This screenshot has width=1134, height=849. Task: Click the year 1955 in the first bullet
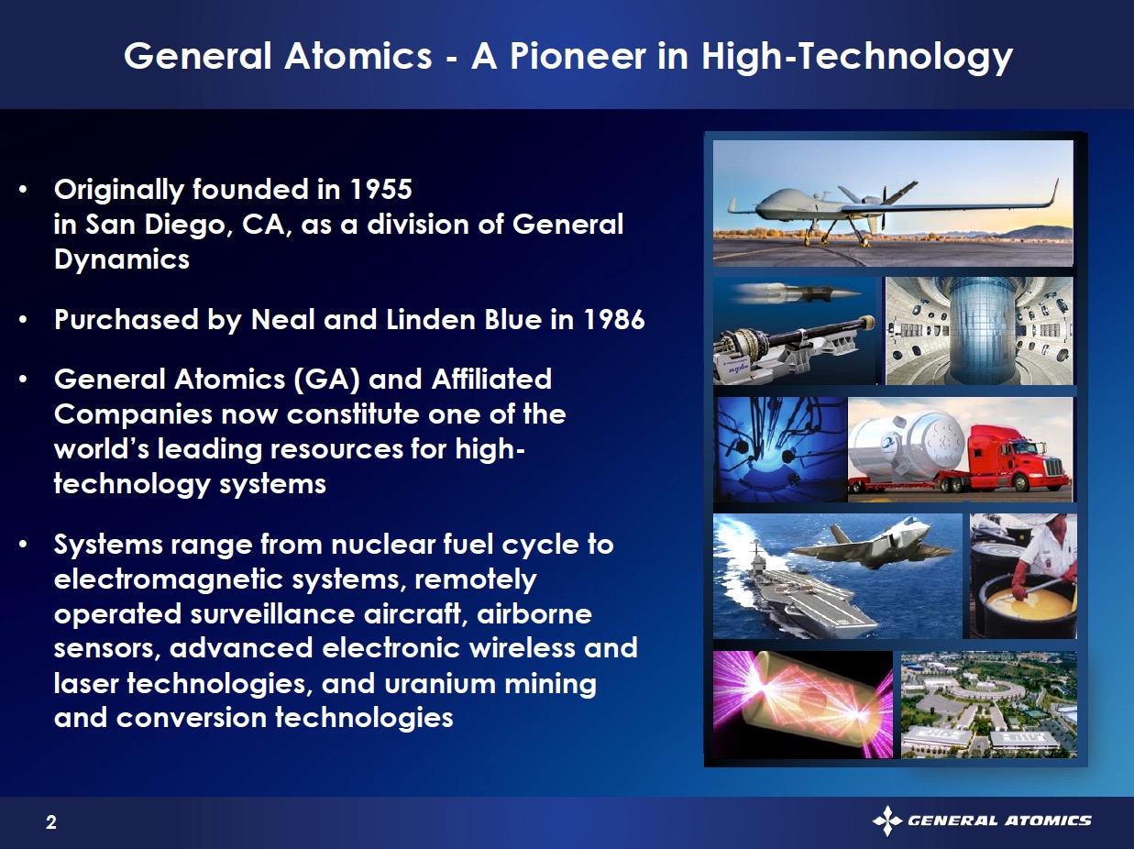pos(380,189)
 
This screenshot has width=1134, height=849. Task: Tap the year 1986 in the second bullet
pos(614,319)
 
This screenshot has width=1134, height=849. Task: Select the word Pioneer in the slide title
pos(578,56)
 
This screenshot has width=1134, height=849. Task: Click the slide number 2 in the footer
pos(50,821)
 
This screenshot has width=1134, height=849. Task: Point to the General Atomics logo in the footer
pos(982,820)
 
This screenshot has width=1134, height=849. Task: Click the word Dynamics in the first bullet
pos(121,259)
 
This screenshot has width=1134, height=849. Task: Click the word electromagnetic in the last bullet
pos(169,579)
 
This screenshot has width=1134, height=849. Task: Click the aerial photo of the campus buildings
pos(989,705)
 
